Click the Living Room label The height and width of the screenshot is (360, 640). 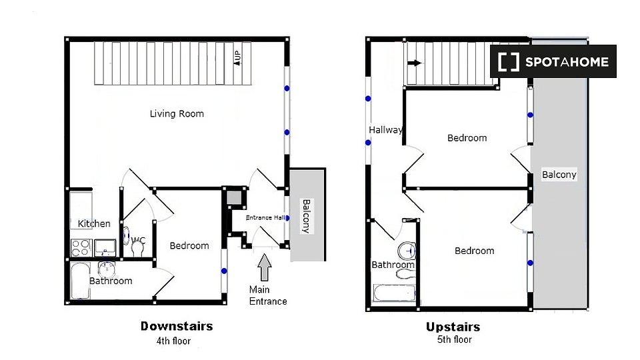point(177,114)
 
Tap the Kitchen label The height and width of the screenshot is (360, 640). point(94,224)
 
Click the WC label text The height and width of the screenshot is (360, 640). point(139,241)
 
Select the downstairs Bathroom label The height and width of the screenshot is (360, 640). point(111,281)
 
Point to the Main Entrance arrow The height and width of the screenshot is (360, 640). point(265,267)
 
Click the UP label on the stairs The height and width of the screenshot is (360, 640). point(237,57)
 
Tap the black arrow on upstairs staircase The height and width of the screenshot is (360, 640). point(415,63)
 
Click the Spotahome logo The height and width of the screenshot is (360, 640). point(553,61)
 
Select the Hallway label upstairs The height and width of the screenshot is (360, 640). point(385,130)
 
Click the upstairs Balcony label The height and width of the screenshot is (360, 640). point(559,175)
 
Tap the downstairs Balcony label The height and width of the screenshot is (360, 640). point(306,216)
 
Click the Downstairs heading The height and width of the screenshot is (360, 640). point(177,326)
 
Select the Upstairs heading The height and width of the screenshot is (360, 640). point(453,327)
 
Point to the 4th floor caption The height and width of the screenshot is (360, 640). point(173,341)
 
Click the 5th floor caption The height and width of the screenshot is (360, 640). point(454,339)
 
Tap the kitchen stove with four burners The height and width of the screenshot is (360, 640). point(81,248)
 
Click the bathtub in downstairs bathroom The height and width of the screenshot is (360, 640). point(81,281)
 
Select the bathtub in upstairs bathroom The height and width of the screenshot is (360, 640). point(394,293)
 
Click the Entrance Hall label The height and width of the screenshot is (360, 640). point(266,217)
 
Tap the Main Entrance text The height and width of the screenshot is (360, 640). point(268,295)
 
